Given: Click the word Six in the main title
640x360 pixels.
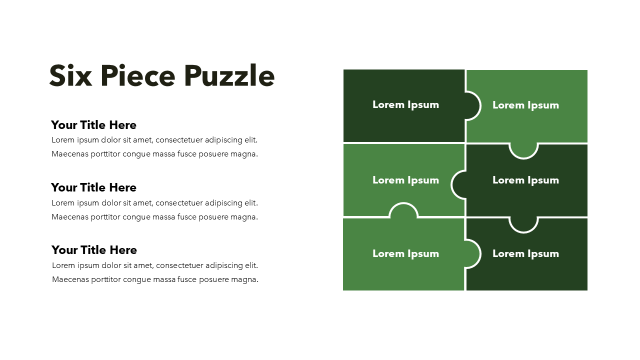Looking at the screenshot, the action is point(70,75).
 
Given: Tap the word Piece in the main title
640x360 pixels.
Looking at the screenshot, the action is point(137,75).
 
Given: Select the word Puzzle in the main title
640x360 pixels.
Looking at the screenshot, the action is point(229,75).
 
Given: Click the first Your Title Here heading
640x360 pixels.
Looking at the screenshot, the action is point(93,125).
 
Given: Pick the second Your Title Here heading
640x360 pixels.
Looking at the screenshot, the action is point(93,187).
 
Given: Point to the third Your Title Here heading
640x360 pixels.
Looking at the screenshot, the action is point(94,250).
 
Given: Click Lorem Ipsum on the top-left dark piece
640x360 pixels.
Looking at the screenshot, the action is point(405,105).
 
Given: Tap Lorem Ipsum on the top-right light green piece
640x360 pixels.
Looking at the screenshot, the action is point(525,105).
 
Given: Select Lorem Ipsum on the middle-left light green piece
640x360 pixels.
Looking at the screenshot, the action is point(405,180).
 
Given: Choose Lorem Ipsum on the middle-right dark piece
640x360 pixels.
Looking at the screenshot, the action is point(525,180).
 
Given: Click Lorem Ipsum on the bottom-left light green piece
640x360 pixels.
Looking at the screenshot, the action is point(405,254).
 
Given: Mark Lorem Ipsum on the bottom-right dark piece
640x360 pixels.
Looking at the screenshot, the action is point(525,254).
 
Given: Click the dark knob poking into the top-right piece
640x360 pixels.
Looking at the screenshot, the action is point(472,105).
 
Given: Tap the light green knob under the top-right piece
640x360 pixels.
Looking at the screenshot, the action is point(523,150).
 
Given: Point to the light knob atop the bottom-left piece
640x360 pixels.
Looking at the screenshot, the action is point(403,210).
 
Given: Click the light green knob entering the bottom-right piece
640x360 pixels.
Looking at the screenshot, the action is point(472,253).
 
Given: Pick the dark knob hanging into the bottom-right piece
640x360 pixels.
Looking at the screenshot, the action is point(523,225).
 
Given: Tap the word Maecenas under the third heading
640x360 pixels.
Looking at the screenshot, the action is point(70,279).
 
